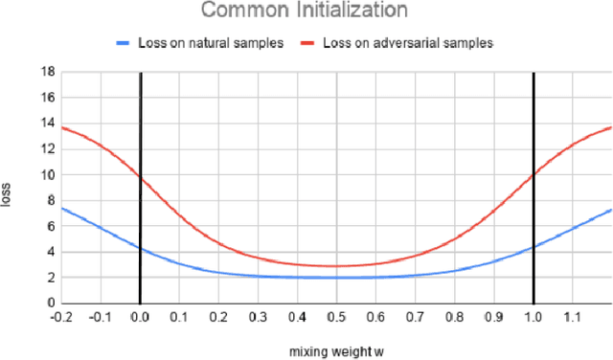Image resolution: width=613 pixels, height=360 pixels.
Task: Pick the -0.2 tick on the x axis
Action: pos(61,315)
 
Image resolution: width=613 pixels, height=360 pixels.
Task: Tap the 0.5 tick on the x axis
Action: pos(336,315)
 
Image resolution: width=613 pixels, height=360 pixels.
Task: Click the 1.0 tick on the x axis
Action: pos(533,315)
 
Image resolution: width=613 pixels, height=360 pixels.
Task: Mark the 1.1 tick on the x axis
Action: pos(572,315)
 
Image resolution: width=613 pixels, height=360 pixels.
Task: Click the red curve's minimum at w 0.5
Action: pos(336,266)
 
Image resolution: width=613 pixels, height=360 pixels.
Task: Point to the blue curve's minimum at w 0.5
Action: pos(336,278)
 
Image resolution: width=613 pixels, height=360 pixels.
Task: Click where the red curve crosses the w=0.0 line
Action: pos(140,176)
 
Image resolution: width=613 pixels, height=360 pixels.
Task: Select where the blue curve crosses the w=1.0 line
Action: pos(533,247)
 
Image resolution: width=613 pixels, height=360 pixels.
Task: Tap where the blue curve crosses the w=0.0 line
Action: pos(140,248)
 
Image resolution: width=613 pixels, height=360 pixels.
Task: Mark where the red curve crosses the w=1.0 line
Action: pos(533,175)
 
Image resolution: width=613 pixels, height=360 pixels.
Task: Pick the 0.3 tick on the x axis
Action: pos(258,315)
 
